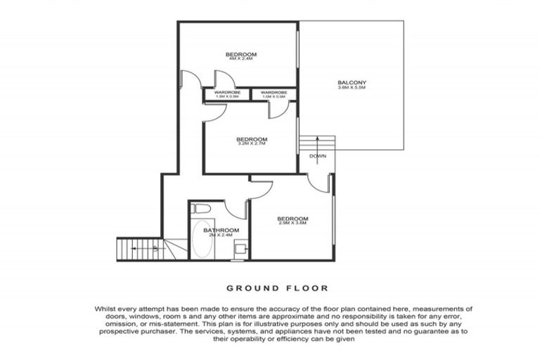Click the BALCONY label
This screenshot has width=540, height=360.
tap(352, 83)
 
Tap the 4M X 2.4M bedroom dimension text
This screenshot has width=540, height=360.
tap(240, 60)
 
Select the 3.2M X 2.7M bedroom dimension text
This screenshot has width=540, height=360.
tap(252, 144)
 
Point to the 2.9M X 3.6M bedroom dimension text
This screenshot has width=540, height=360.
tap(292, 224)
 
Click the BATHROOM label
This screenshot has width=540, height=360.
tap(221, 230)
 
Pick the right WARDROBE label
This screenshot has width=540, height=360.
tap(273, 92)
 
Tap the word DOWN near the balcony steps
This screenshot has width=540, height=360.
tap(317, 156)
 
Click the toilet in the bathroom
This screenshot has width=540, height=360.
tap(200, 209)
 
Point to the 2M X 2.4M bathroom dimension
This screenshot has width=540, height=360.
tap(221, 236)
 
